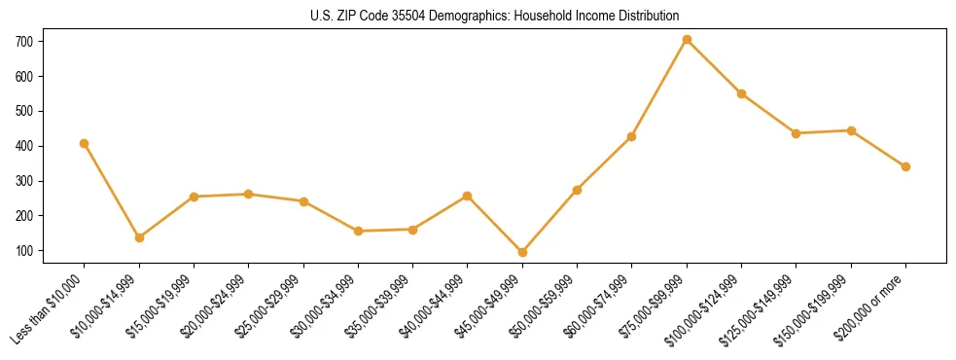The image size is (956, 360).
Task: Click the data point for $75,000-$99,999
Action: pos(687,40)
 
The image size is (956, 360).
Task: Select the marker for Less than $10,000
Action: pos(85,144)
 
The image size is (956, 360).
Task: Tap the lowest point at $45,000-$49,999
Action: pos(522,252)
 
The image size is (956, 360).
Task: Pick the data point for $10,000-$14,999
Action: pos(139,237)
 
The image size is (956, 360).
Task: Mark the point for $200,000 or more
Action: pos(905,166)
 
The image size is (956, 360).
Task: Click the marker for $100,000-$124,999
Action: pos(741,94)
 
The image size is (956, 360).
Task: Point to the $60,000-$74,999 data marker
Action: pos(631,136)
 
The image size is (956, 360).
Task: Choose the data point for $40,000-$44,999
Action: pos(468,197)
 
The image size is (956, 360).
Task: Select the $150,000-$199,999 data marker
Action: pos(851,130)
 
